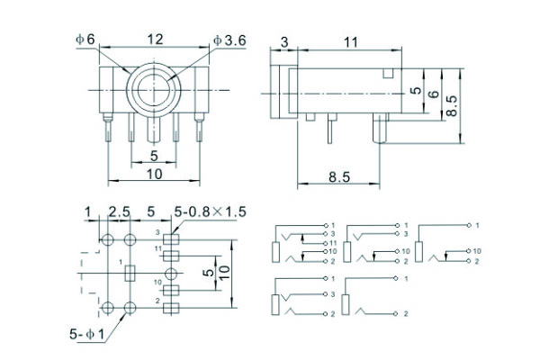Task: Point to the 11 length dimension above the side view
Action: [350, 41]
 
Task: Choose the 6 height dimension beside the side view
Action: [434, 95]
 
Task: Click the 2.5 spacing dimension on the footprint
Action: [119, 212]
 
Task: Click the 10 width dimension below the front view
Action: [154, 176]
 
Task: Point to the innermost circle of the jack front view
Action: [154, 90]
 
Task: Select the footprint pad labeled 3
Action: [172, 238]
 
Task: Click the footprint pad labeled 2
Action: [172, 305]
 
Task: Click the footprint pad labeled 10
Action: [172, 288]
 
